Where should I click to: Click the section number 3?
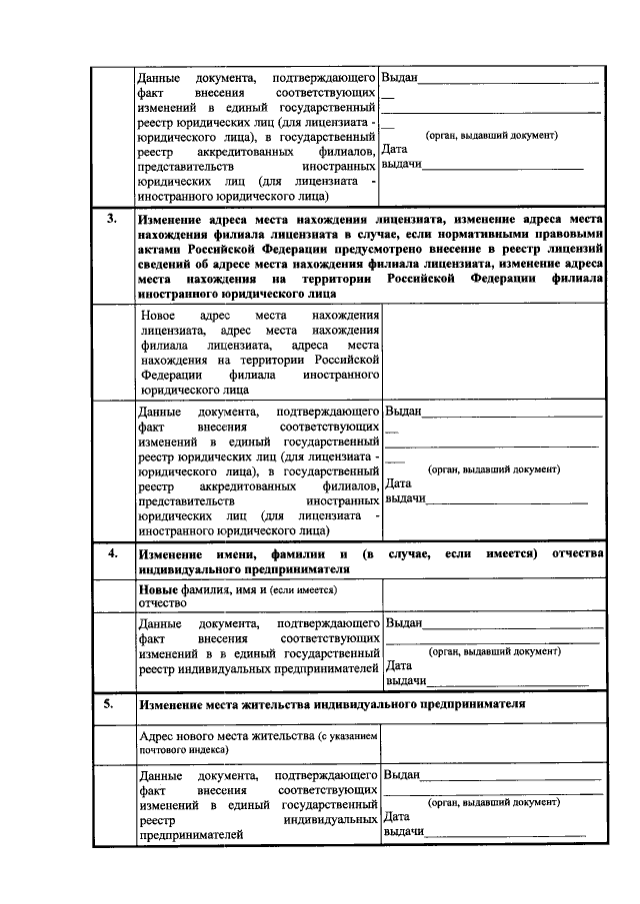[x=112, y=217]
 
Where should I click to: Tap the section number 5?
[x=112, y=702]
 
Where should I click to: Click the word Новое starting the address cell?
[x=158, y=315]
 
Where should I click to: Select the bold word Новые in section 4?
[x=158, y=590]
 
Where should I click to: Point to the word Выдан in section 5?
[x=401, y=774]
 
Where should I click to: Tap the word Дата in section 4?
[x=399, y=665]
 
